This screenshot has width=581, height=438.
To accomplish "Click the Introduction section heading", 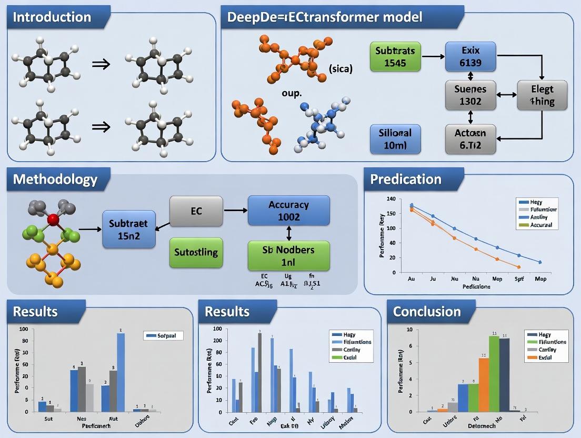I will click(52, 17).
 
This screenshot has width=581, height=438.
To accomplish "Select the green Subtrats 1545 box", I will click(395, 57).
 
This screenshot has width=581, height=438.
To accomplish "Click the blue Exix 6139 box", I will click(470, 57).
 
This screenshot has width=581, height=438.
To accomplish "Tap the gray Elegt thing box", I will click(542, 95).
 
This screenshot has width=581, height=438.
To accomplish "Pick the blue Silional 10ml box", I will click(395, 138).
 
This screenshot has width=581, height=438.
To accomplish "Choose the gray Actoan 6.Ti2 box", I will click(470, 138).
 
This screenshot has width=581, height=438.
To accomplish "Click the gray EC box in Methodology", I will click(196, 212).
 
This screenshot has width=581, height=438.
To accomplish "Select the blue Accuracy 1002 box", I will click(288, 211).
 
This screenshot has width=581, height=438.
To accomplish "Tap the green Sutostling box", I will click(196, 252).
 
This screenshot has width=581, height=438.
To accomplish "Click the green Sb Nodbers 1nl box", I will click(288, 256).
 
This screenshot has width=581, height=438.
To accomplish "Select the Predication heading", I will click(406, 179).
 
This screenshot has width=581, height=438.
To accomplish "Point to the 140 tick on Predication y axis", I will click(390, 199).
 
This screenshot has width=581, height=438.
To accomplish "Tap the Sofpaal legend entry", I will click(163, 335).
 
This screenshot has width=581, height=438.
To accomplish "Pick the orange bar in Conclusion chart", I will click(484, 384).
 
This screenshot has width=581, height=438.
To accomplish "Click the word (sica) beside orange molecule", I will click(340, 68).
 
